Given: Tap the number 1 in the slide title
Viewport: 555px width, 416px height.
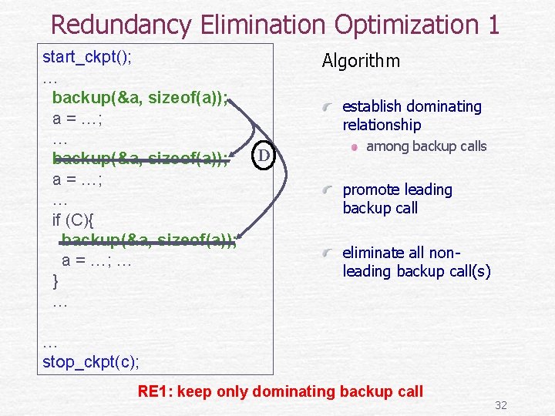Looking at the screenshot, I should pyautogui.click(x=492, y=25).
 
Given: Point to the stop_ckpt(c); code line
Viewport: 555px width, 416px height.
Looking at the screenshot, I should pyautogui.click(x=91, y=361).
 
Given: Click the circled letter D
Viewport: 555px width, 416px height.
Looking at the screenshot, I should pyautogui.click(x=263, y=156).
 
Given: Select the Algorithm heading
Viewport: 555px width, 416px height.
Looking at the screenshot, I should pyautogui.click(x=361, y=61).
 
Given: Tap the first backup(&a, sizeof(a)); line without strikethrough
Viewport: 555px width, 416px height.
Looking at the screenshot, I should pyautogui.click(x=140, y=98).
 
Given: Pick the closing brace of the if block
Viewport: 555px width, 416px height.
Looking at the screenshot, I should pyautogui.click(x=55, y=280).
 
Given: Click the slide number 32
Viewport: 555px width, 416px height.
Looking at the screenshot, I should pyautogui.click(x=500, y=405).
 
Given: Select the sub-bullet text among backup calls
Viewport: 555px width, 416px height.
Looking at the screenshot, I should pyautogui.click(x=426, y=146).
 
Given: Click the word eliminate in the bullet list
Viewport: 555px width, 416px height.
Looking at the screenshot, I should pyautogui.click(x=374, y=252).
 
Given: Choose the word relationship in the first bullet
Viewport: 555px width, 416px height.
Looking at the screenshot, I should pyautogui.click(x=382, y=125).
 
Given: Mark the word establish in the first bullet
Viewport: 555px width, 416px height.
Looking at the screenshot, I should pyautogui.click(x=373, y=106).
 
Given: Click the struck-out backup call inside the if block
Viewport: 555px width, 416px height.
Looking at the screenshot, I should pyautogui.click(x=148, y=240).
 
